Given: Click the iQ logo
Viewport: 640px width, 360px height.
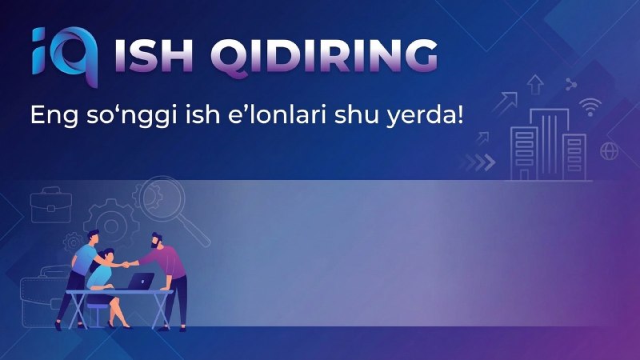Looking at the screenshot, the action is click(x=66, y=56).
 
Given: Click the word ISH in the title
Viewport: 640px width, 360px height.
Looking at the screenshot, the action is click(x=154, y=56).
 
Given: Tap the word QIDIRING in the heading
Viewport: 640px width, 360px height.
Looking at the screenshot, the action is click(x=324, y=58).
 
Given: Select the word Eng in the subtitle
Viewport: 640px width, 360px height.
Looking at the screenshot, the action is click(x=54, y=115).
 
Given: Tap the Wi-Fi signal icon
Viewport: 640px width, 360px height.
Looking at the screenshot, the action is click(x=590, y=107).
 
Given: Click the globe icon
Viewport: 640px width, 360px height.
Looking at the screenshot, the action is click(x=609, y=151).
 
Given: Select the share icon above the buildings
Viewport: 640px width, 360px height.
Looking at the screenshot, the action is click(x=570, y=85).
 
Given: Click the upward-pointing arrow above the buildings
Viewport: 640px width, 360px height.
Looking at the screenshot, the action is click(x=535, y=85).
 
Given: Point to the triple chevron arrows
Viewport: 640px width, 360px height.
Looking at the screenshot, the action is click(x=478, y=162).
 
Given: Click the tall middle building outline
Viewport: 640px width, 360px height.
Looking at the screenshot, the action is click(x=550, y=145).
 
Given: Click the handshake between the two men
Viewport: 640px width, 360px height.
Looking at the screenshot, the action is click(x=126, y=264).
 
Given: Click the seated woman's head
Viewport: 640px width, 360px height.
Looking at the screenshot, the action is click(x=107, y=256).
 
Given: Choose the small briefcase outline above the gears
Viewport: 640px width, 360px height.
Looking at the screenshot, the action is click(x=51, y=205).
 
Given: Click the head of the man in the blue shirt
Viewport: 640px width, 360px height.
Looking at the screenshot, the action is click(x=93, y=237).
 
